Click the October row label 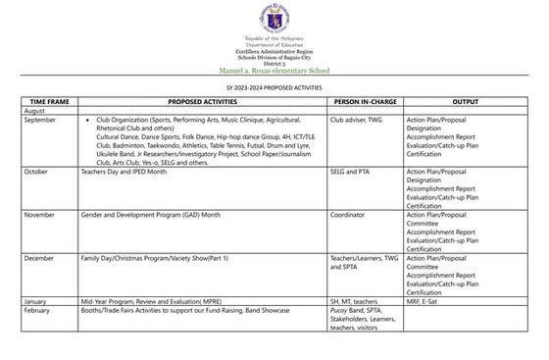point(36,170)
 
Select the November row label point(39,214)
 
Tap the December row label point(39,258)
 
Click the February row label point(37,310)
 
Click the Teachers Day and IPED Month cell point(126,170)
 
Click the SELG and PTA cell point(354,170)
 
